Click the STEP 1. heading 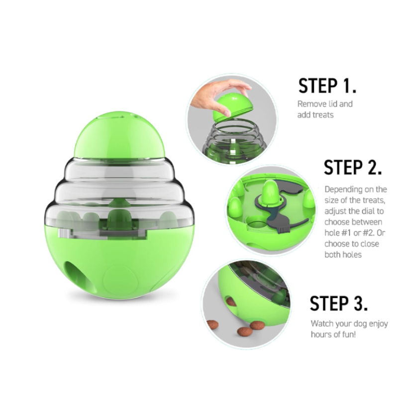(327, 86)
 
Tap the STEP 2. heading (353, 167)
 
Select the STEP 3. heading (339, 303)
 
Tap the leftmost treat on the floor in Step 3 (212, 324)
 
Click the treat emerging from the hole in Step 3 (231, 302)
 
